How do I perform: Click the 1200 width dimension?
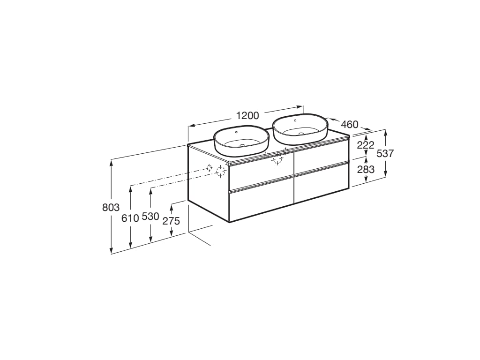pos(247,116)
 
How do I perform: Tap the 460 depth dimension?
pos(349,125)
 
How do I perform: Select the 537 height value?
pos(385,153)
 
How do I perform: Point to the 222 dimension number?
pos(366,145)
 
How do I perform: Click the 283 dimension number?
pos(366,169)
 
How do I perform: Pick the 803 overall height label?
pos(111,208)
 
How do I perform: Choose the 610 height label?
pos(130,218)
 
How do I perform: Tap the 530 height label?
pos(150,217)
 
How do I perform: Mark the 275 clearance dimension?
pos(171,221)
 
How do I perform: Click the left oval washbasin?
pos(241,141)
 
